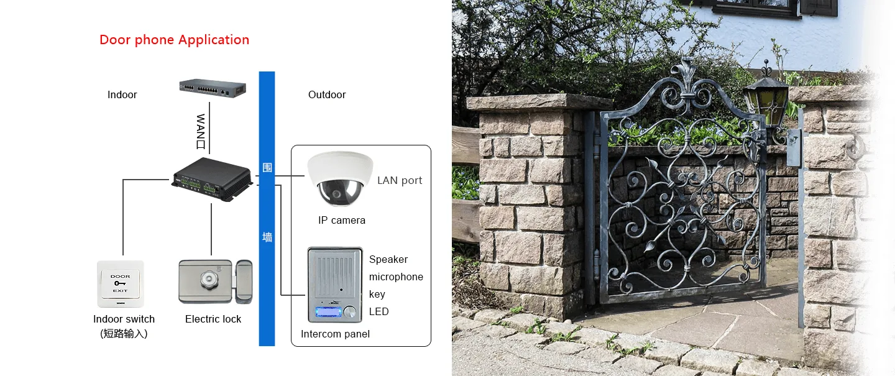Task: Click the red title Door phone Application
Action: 174,40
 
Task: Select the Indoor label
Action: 122,94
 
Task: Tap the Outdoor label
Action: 327,94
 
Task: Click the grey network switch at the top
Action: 213,88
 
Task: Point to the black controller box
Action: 213,178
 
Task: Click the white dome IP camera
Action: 340,178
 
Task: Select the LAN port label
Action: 400,181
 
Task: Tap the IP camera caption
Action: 342,220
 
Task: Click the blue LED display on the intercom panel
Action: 328,311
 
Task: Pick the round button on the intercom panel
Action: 349,311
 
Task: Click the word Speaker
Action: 388,259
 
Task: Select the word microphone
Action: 396,277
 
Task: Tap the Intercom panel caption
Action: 335,334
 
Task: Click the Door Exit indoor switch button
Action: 121,283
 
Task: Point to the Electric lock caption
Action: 213,319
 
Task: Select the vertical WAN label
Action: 201,132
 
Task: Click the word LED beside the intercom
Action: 379,311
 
